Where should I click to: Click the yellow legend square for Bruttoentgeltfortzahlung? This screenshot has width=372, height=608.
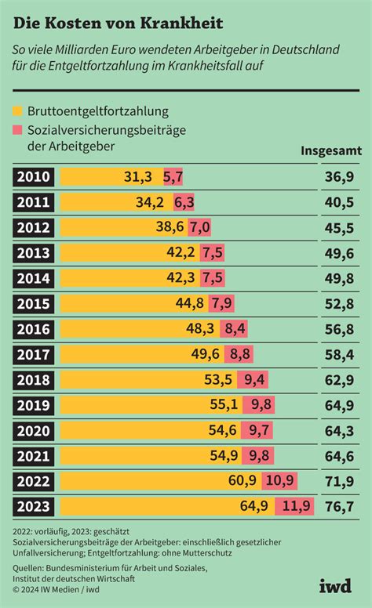click(18, 112)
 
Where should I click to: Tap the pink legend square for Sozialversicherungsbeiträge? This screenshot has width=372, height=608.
click(18, 130)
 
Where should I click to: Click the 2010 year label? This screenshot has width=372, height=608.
click(34, 176)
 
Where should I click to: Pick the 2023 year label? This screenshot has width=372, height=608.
click(34, 508)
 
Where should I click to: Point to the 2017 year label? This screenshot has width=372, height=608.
click(34, 355)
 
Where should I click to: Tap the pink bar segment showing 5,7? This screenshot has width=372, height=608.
click(173, 176)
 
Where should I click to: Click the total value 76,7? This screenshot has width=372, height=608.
click(338, 508)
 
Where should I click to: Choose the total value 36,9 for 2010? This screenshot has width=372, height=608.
click(338, 176)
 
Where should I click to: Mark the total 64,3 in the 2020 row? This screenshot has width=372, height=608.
click(338, 431)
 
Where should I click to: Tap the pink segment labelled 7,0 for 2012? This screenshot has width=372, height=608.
click(199, 227)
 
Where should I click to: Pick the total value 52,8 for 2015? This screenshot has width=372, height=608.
click(338, 304)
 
